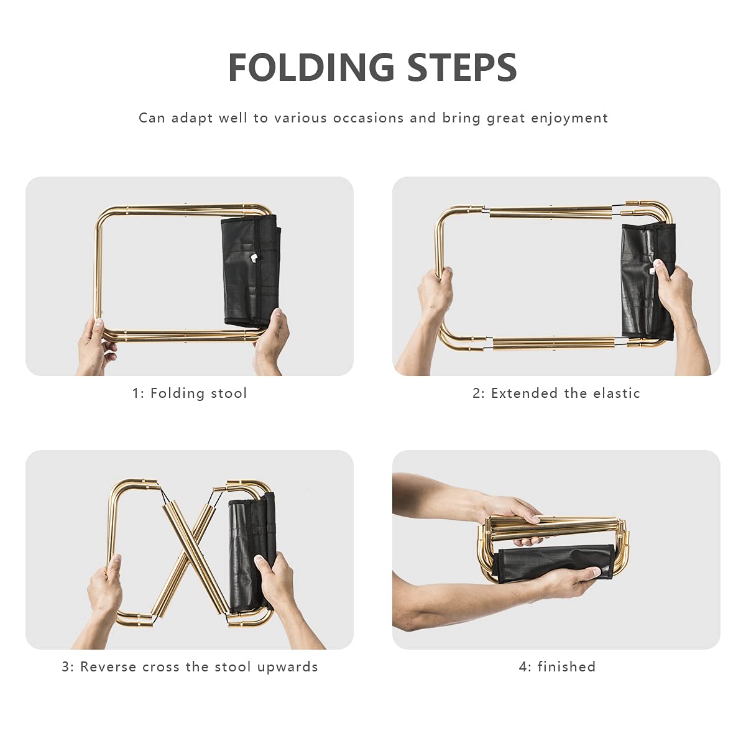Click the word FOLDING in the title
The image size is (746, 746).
click(x=311, y=67)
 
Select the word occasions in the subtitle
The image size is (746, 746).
click(x=368, y=118)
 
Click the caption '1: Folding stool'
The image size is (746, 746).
click(x=190, y=394)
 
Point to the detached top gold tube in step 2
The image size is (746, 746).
click(x=551, y=213)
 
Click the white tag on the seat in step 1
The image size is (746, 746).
click(x=254, y=257)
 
